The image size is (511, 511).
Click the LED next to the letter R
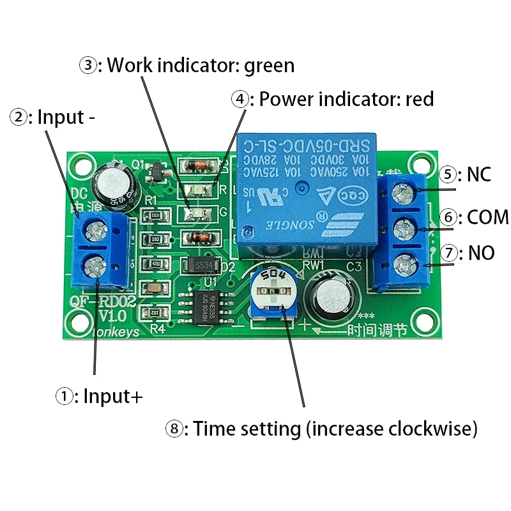coord(202,189)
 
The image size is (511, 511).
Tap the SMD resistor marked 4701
coord(155,263)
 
